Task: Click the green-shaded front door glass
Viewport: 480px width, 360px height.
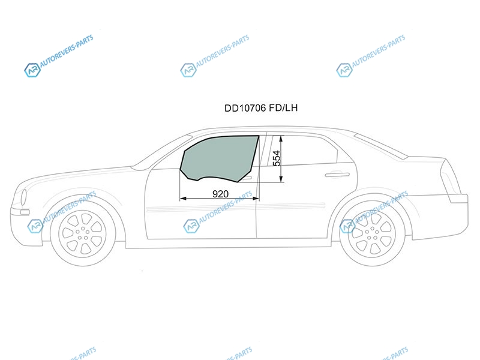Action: pos(219,158)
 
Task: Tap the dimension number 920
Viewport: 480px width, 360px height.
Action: pos(220,194)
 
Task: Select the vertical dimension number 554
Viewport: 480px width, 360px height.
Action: pos(276,158)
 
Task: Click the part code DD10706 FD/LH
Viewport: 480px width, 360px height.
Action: pos(261,108)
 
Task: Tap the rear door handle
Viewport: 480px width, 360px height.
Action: pos(337,175)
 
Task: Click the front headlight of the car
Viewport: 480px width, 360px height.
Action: pos(23,197)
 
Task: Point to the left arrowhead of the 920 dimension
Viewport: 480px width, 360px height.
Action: pos(183,199)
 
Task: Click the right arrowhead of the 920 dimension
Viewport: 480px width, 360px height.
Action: pos(256,199)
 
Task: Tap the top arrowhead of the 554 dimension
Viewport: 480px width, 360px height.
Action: pos(281,139)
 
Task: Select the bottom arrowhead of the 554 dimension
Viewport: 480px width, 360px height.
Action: pos(281,179)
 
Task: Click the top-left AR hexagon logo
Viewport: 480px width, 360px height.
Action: pos(32,70)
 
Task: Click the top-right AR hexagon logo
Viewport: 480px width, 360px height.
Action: pos(344,70)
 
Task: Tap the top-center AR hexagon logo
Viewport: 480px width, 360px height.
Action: pos(188,70)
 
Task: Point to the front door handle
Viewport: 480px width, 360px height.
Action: pos(247,178)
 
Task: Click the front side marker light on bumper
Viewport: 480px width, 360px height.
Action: pos(25,212)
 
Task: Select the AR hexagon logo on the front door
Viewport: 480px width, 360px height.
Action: pos(191,226)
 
